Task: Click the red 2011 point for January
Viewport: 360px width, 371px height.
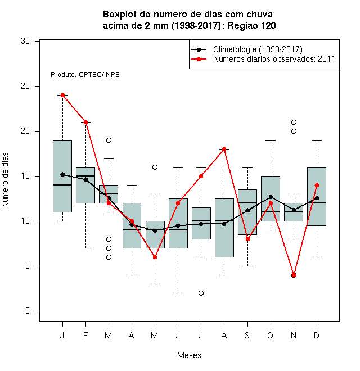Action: [62, 95]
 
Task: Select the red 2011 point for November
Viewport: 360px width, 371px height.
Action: [294, 275]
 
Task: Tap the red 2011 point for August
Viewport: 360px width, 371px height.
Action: [224, 149]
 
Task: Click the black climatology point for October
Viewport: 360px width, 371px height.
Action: [271, 197]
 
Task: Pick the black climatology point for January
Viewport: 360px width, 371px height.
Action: [62, 174]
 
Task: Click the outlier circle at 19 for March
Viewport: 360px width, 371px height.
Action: [109, 140]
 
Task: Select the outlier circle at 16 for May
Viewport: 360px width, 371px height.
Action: [155, 167]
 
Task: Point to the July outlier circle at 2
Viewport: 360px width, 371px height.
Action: [201, 293]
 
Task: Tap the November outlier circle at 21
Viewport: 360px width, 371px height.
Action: [294, 122]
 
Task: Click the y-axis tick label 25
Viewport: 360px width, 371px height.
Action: [25, 86]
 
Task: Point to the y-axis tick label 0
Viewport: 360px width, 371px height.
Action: [28, 311]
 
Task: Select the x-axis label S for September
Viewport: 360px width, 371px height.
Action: [247, 335]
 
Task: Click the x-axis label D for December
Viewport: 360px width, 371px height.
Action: [317, 335]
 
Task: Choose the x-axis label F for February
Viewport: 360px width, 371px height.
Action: [85, 335]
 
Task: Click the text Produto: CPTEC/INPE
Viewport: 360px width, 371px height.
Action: [85, 75]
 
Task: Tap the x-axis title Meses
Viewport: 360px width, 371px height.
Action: [189, 355]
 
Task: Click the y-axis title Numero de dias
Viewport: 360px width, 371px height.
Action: [5, 180]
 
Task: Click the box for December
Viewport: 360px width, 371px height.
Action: [317, 196]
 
